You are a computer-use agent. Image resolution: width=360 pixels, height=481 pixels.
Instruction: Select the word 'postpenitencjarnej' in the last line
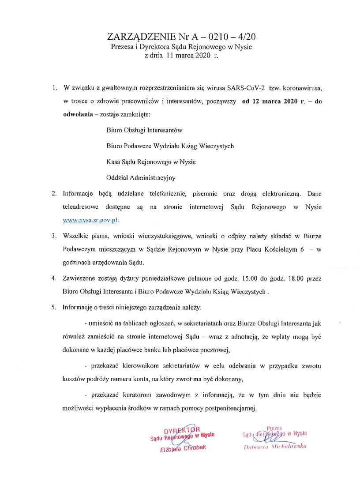point(233,407)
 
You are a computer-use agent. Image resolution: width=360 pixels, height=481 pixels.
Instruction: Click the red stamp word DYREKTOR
point(182,430)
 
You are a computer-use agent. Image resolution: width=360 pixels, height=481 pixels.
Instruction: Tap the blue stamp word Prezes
point(274,427)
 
